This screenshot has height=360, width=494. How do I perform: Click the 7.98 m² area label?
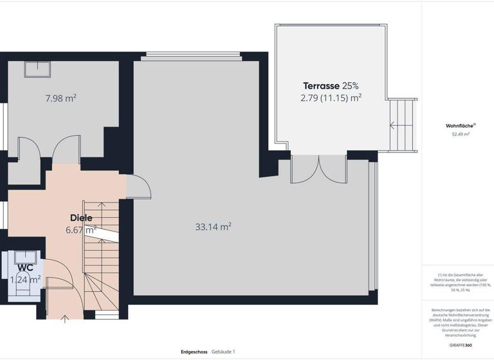point(60,98)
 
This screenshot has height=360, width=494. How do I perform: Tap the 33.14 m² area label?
point(213,226)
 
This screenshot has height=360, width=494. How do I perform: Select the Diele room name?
point(81,218)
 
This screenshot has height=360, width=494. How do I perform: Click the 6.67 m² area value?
point(81,230)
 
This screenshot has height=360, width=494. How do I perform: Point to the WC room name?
point(26,267)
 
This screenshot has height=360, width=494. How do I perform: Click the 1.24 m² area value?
point(26,279)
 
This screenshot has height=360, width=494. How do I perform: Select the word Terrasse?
point(321,85)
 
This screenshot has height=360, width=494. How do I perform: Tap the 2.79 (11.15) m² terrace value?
point(331,98)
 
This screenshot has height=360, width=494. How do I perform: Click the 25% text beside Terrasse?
point(351,85)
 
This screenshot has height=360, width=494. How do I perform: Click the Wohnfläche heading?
point(460,125)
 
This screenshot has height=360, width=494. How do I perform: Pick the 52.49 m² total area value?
point(460,134)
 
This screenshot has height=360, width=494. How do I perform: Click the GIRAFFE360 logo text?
point(460,345)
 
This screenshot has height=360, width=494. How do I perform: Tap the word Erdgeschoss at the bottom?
point(194,352)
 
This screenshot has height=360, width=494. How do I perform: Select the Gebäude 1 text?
point(223,352)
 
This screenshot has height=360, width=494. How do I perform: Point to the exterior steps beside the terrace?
point(403,126)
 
